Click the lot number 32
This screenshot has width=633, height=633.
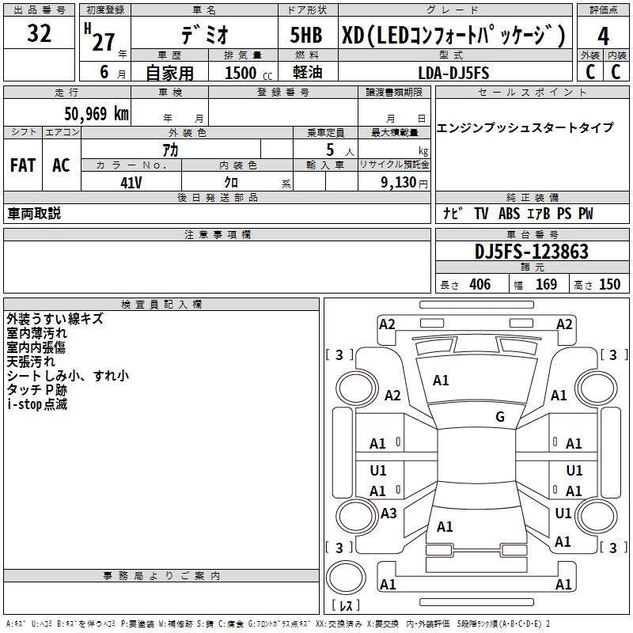39,34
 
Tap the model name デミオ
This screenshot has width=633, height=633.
205,35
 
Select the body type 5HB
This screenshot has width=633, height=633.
307,35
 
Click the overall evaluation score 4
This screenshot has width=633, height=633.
603,36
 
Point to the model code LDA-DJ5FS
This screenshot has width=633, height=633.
453,73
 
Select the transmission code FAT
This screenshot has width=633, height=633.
23,165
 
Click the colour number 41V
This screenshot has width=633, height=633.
131,181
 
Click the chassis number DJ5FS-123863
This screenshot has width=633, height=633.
532,252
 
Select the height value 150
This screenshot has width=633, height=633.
608,285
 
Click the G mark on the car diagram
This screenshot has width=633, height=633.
500,417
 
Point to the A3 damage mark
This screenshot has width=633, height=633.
388,514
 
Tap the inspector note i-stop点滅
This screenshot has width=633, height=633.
37,404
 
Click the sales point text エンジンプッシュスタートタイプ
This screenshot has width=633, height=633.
525,128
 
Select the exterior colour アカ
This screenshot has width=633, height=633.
169,149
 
